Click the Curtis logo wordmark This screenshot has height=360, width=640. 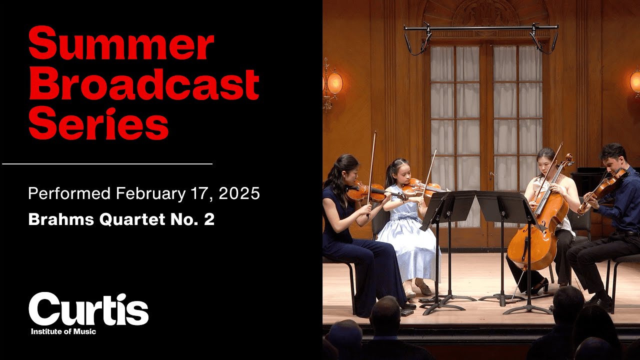88,309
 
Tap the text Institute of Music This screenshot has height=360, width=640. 63,331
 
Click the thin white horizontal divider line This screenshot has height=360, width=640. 107,163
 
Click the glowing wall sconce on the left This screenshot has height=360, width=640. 333,82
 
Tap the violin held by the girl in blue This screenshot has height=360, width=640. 420,188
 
